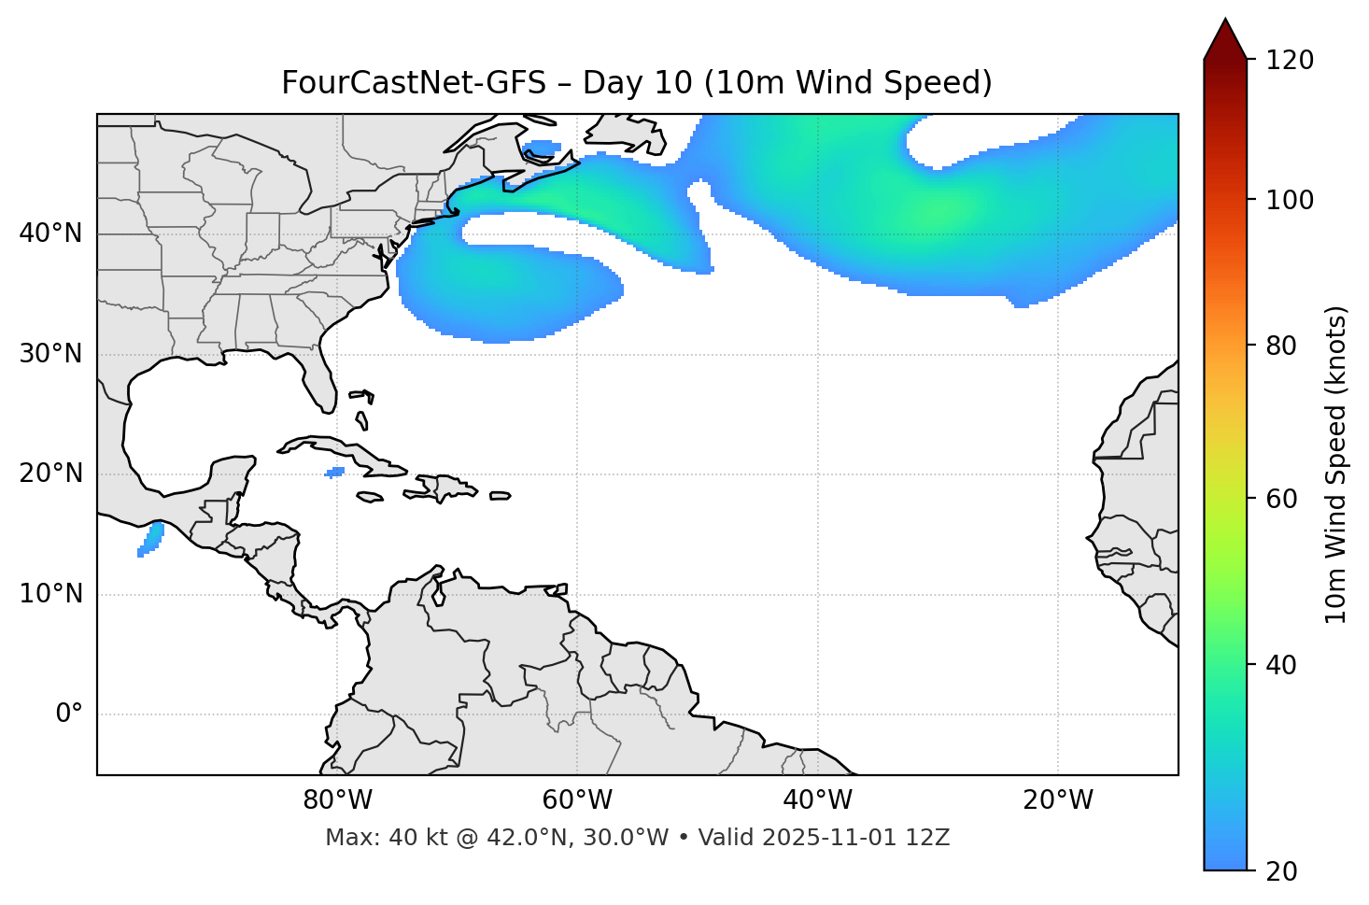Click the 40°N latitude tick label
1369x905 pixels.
point(50,233)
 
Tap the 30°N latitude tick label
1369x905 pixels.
point(50,354)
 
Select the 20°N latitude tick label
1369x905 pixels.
point(50,474)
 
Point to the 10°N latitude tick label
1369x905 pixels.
point(50,594)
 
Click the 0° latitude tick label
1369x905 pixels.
point(69,714)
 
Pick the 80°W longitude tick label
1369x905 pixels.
point(337,800)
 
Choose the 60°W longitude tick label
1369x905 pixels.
point(577,800)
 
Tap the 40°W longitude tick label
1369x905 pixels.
point(818,800)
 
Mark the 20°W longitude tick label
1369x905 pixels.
point(1058,800)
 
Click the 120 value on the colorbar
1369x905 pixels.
point(1290,60)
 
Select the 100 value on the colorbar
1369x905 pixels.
point(1290,200)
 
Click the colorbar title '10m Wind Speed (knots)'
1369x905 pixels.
point(1336,464)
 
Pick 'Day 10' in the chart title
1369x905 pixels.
point(638,83)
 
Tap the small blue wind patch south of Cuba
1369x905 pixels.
point(334,472)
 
